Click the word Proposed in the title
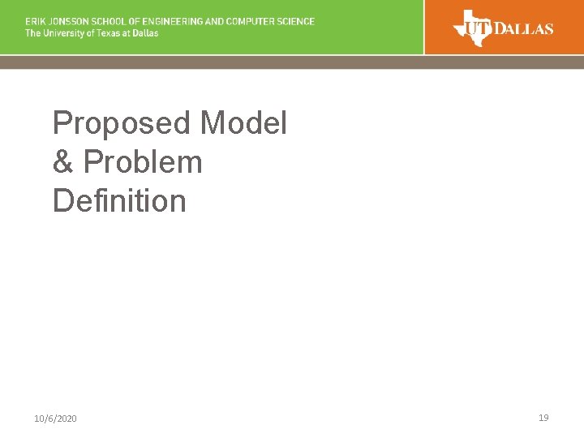122,124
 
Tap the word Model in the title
243,124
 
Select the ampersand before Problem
63,162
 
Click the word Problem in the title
143,162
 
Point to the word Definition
119,200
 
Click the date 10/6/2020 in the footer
56,419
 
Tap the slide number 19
543,418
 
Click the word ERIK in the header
35,22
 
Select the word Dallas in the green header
144,33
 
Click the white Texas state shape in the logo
471,27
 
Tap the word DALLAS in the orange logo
523,29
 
